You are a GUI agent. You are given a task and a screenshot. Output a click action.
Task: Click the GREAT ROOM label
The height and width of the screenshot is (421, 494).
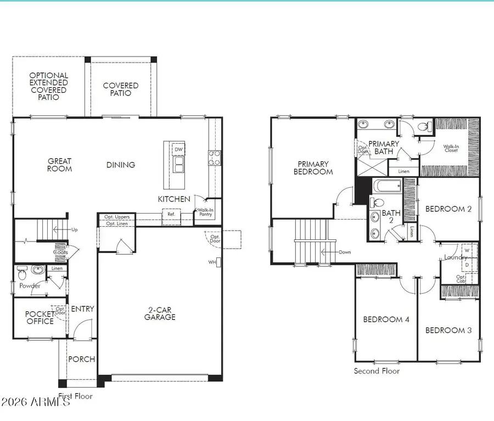coord(59,165)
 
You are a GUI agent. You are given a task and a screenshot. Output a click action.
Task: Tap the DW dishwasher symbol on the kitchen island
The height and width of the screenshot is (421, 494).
coord(178,149)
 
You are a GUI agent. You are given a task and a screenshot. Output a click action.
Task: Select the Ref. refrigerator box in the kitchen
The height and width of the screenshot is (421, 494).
coord(171,214)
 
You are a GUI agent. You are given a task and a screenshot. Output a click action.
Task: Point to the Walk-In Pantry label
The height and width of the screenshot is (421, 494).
coord(206,213)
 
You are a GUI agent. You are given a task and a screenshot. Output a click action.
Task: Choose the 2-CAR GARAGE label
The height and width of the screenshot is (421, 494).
coord(160,313)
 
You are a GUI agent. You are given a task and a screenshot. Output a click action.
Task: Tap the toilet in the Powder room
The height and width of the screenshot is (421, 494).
coord(21,273)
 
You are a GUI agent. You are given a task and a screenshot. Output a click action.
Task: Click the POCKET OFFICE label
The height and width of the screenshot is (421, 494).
coord(40,317)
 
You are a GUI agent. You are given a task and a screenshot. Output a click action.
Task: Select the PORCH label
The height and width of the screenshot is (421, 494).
coord(81,360)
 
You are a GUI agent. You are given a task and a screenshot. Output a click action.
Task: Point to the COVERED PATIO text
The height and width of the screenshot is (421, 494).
coord(121,89)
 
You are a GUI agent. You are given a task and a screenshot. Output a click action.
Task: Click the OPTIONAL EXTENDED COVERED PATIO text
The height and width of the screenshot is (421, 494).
coord(49,86)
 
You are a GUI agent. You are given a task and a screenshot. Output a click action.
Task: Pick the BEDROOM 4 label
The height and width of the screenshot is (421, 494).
coord(386,319)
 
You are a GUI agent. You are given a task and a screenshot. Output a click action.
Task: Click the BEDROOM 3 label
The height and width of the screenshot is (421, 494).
coord(448,330)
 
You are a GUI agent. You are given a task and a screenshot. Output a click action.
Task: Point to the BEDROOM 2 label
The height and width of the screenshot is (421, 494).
coord(448,209)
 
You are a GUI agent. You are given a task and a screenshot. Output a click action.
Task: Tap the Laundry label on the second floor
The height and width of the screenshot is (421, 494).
coord(456,257)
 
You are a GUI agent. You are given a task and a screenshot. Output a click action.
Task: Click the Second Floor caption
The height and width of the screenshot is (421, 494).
coord(377,371)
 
